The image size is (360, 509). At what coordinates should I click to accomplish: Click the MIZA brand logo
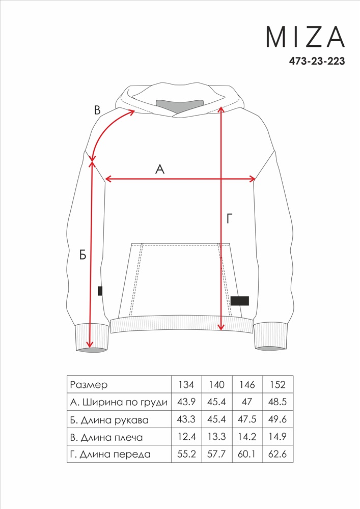(x=305, y=36)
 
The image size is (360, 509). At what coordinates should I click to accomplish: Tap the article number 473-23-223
(x=317, y=61)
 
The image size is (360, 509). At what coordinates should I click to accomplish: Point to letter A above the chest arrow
(x=160, y=169)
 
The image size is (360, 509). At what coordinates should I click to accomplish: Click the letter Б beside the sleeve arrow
(x=83, y=255)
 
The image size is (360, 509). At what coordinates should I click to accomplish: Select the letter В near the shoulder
(x=97, y=110)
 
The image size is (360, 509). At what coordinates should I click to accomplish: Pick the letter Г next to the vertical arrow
(x=230, y=219)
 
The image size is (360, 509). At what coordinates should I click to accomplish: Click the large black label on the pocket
(x=239, y=301)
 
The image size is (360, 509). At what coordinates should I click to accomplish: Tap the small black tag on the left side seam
(x=100, y=291)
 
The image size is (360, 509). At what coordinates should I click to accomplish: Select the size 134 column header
(x=186, y=385)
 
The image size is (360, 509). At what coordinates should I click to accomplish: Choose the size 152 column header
(x=278, y=385)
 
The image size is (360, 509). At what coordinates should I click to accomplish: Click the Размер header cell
(x=89, y=385)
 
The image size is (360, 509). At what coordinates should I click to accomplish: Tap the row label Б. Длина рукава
(x=109, y=420)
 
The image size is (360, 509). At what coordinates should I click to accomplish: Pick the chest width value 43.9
(x=186, y=402)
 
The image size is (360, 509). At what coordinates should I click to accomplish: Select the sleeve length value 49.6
(x=278, y=419)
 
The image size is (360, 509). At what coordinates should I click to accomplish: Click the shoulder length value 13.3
(x=216, y=437)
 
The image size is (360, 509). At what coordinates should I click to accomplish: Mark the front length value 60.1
(x=247, y=454)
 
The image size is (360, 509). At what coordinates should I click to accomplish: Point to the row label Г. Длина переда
(x=110, y=455)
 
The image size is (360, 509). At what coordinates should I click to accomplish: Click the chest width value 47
(x=247, y=402)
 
